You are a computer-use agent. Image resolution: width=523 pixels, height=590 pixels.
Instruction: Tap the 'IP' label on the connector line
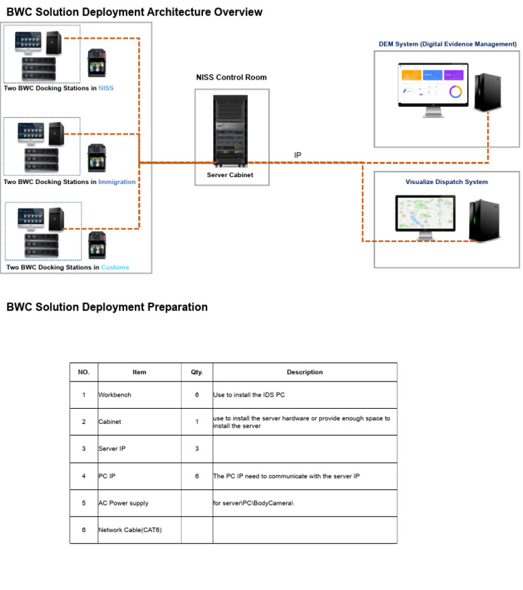coord(298,155)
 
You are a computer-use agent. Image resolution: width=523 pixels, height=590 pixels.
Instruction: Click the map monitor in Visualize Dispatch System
coord(425,217)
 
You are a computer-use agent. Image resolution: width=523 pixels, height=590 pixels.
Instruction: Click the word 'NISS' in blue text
coord(106,89)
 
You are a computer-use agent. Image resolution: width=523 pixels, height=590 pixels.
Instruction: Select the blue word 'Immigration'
coord(117,182)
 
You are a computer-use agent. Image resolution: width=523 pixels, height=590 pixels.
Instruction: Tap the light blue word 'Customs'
coord(115,268)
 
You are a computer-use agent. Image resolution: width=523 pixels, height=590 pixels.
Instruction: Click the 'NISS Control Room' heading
coord(232,78)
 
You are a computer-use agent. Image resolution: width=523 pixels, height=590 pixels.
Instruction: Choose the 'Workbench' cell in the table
coord(115,395)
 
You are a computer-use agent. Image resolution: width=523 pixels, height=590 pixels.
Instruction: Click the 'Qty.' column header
coord(197,372)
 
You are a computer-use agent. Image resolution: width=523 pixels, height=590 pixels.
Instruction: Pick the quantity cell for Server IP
coord(197,449)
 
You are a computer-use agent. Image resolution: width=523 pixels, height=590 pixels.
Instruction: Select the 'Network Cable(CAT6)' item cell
coord(130,530)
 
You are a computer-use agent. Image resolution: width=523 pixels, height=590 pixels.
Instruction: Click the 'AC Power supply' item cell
coord(123,503)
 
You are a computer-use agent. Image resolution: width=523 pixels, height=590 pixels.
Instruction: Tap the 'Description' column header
coord(304,372)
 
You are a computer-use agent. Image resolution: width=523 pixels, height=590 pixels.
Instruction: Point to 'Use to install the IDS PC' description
coord(253,395)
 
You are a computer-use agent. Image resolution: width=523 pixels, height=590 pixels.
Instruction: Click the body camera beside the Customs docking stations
coord(97,245)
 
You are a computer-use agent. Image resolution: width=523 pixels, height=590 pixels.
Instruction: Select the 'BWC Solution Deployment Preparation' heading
coord(107,307)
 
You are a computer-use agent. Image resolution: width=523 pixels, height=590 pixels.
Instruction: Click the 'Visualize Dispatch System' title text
coord(447,182)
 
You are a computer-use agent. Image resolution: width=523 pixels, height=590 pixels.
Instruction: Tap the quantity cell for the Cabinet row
coord(197,422)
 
